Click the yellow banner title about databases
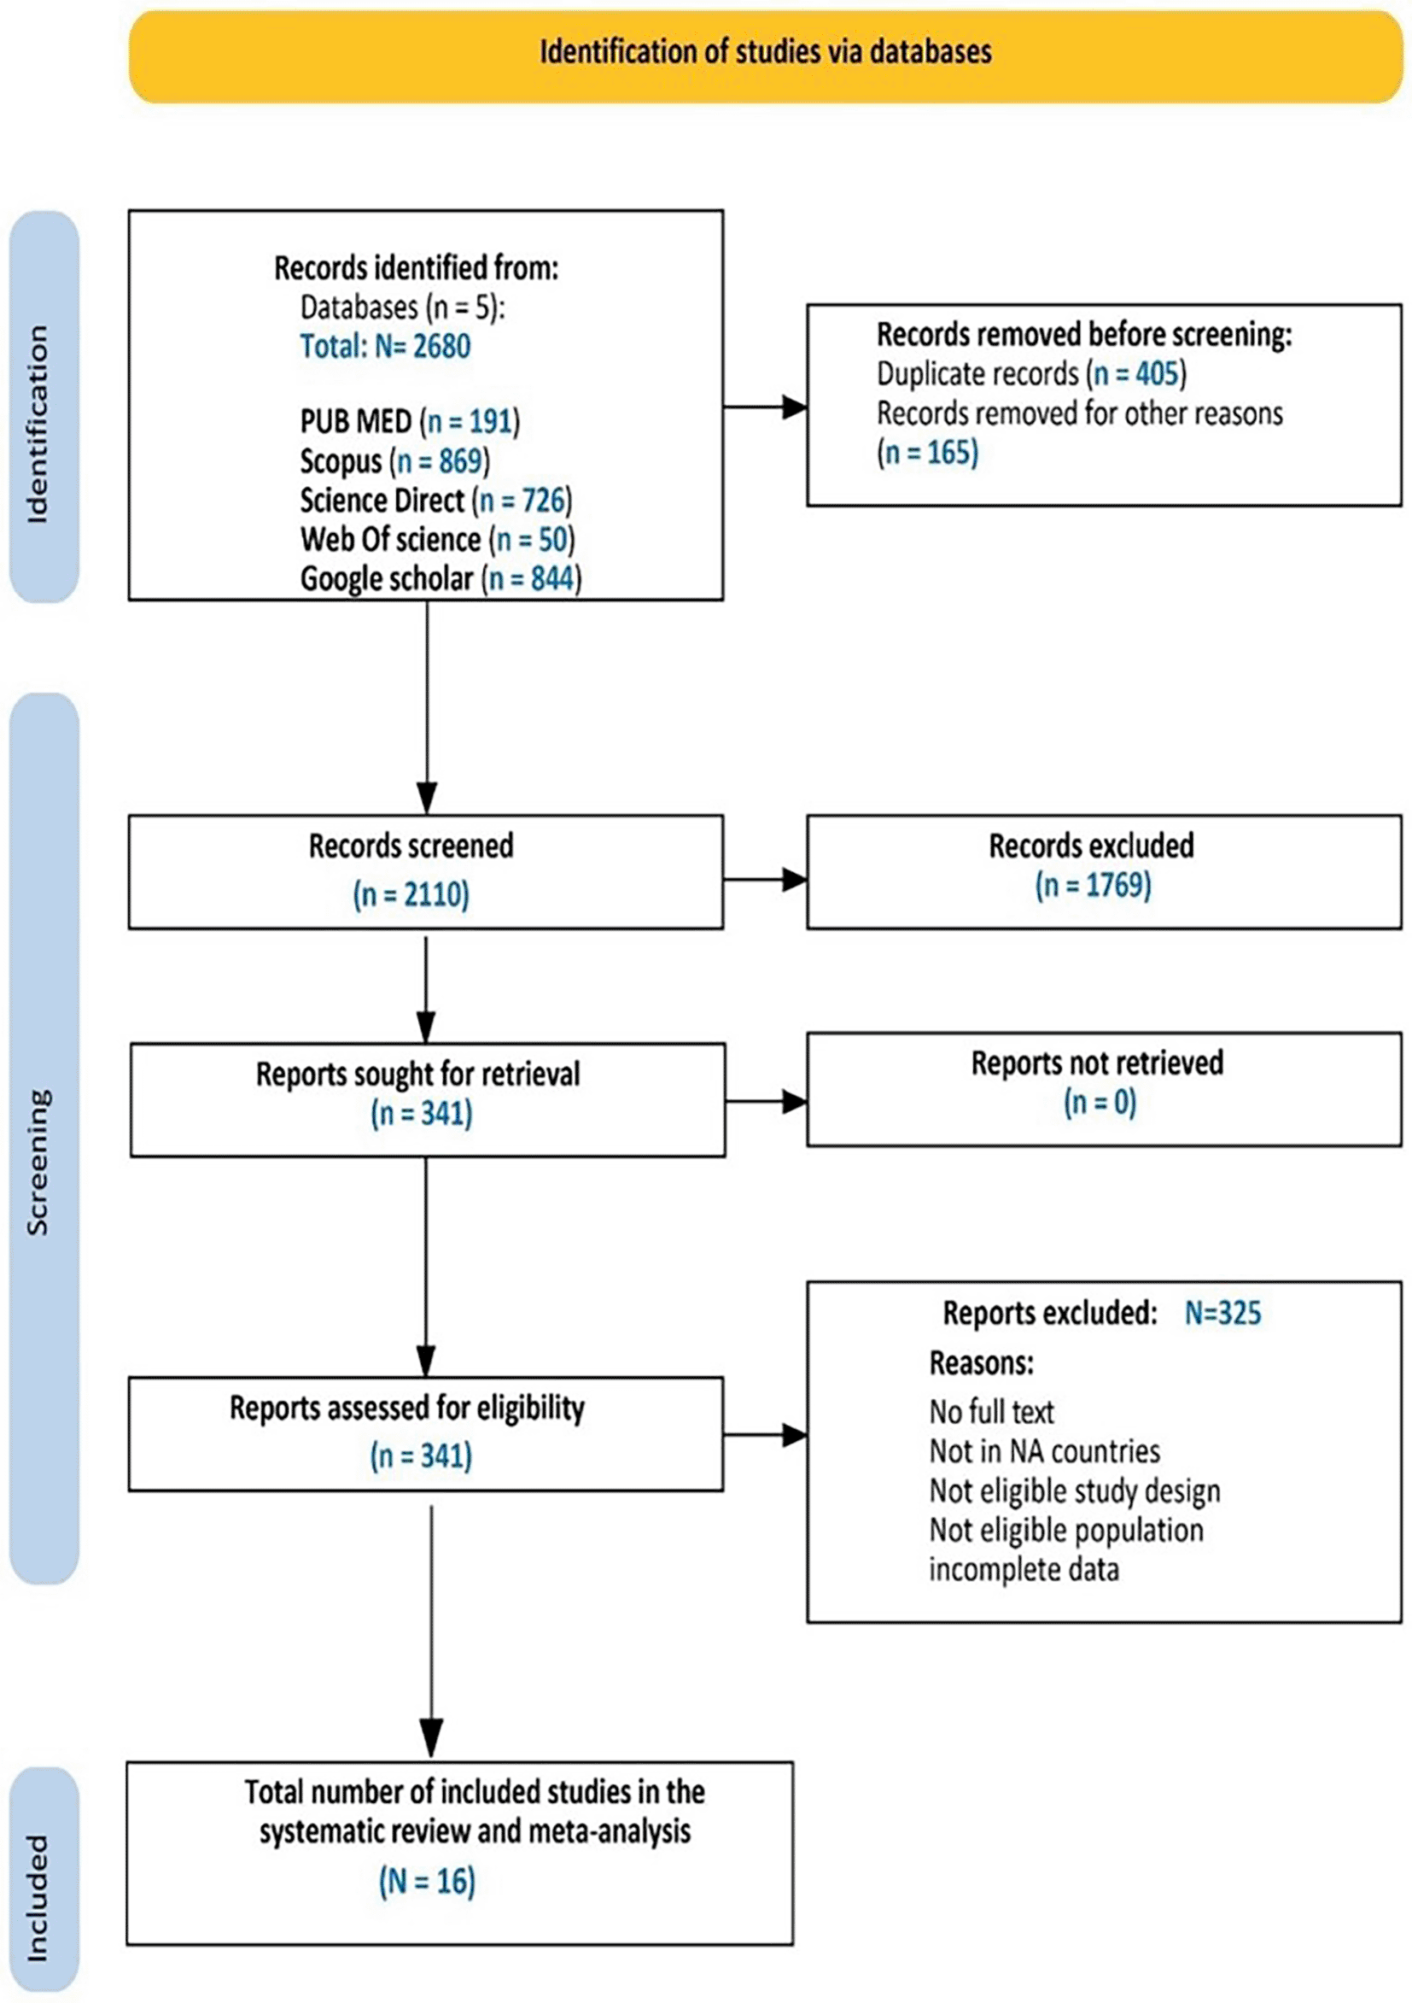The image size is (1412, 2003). point(766,52)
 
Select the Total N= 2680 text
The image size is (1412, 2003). point(386,346)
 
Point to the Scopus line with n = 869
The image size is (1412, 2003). point(395,460)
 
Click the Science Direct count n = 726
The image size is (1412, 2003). point(522,500)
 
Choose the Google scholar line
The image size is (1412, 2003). point(441,578)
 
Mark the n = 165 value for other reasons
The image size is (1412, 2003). point(928,452)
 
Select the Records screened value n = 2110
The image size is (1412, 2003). point(411,894)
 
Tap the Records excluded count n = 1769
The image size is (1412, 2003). point(1094,886)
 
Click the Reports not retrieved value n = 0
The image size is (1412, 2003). point(1100,1103)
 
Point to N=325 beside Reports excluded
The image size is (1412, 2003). point(1222,1313)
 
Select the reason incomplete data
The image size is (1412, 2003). point(1024,1569)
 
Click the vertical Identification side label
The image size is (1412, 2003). point(38,425)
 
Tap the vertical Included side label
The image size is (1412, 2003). point(38,1899)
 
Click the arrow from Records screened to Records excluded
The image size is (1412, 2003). point(765,881)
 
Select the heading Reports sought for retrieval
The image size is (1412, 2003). point(417,1074)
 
